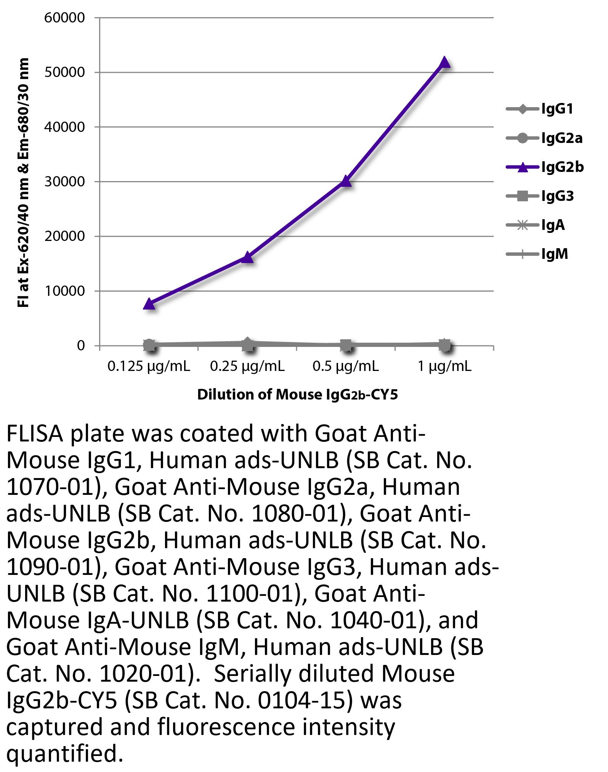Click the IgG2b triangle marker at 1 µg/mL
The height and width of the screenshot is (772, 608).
pyautogui.click(x=444, y=62)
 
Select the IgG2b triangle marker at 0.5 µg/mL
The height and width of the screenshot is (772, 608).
pyautogui.click(x=346, y=181)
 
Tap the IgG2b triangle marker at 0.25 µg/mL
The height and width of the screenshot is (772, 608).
pyautogui.click(x=247, y=258)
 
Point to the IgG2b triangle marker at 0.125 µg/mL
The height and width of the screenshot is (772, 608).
pyautogui.click(x=149, y=304)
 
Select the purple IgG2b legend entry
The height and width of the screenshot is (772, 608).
pyautogui.click(x=545, y=167)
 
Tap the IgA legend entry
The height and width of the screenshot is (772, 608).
pyautogui.click(x=536, y=225)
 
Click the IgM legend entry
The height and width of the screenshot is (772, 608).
pyautogui.click(x=537, y=254)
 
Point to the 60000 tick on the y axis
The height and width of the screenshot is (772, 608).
pyautogui.click(x=64, y=18)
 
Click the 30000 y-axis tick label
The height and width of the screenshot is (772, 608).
pyautogui.click(x=64, y=182)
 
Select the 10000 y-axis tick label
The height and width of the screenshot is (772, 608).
pyautogui.click(x=64, y=291)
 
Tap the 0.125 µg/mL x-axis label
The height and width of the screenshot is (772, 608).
pyautogui.click(x=149, y=366)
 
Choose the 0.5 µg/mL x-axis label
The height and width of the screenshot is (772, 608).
pyautogui.click(x=346, y=366)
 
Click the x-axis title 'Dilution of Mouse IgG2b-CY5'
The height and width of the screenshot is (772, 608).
pyautogui.click(x=297, y=395)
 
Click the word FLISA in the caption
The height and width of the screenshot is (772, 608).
pyautogui.click(x=34, y=434)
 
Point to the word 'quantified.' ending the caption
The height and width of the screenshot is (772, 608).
pyautogui.click(x=65, y=754)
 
